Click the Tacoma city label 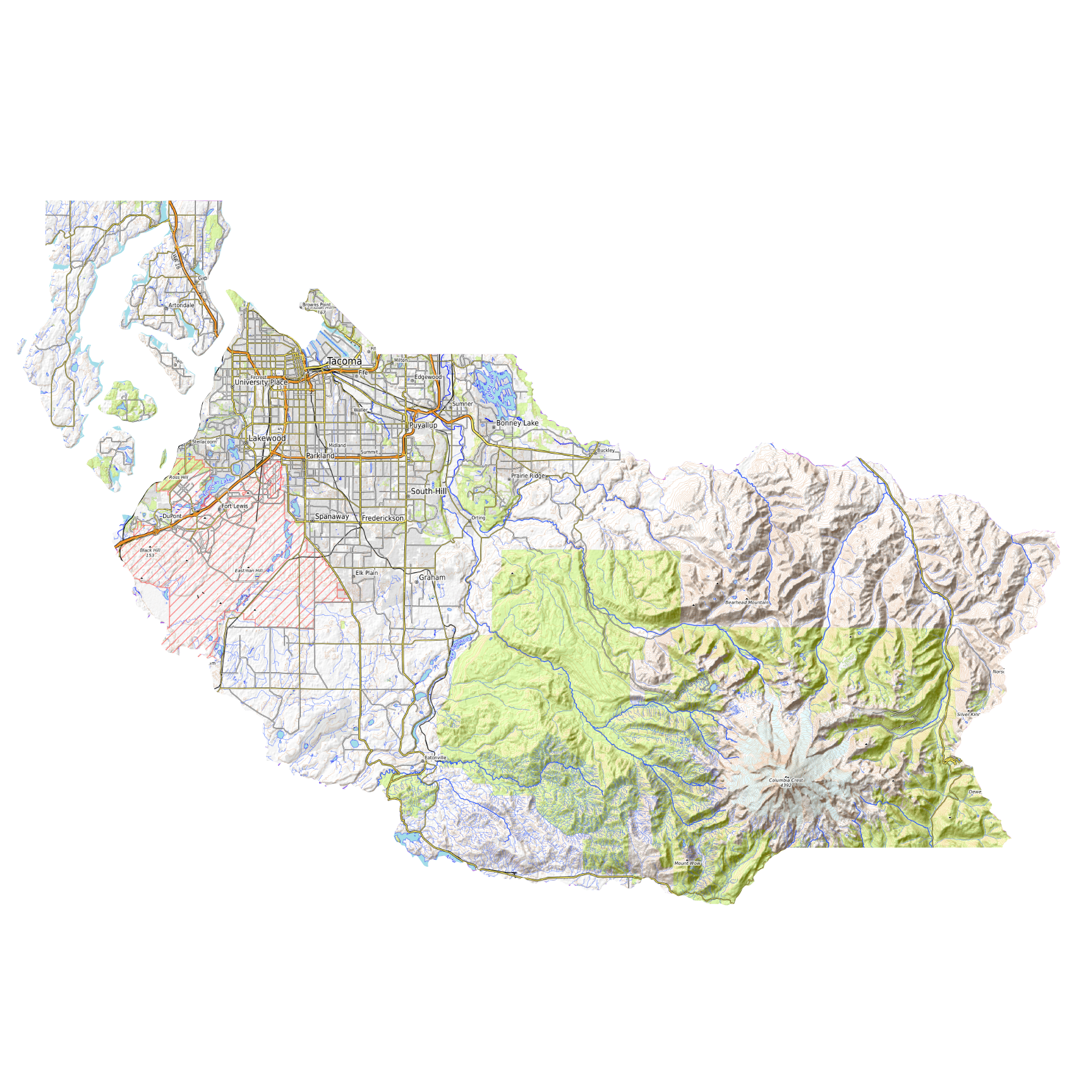click(344, 361)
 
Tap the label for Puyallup click(423, 425)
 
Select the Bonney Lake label click(517, 423)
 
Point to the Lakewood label click(267, 438)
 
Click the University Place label click(261, 382)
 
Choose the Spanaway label click(332, 516)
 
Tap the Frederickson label click(383, 518)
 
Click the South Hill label click(428, 491)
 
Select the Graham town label click(432, 577)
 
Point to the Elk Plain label click(366, 573)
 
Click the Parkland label click(320, 456)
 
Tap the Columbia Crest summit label click(786, 780)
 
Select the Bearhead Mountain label click(747, 602)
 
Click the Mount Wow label click(687, 863)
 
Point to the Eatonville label click(435, 757)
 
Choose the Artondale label click(181, 305)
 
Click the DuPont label click(172, 516)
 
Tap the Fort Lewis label click(235, 506)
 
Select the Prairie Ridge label click(528, 476)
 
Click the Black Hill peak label click(150, 550)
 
